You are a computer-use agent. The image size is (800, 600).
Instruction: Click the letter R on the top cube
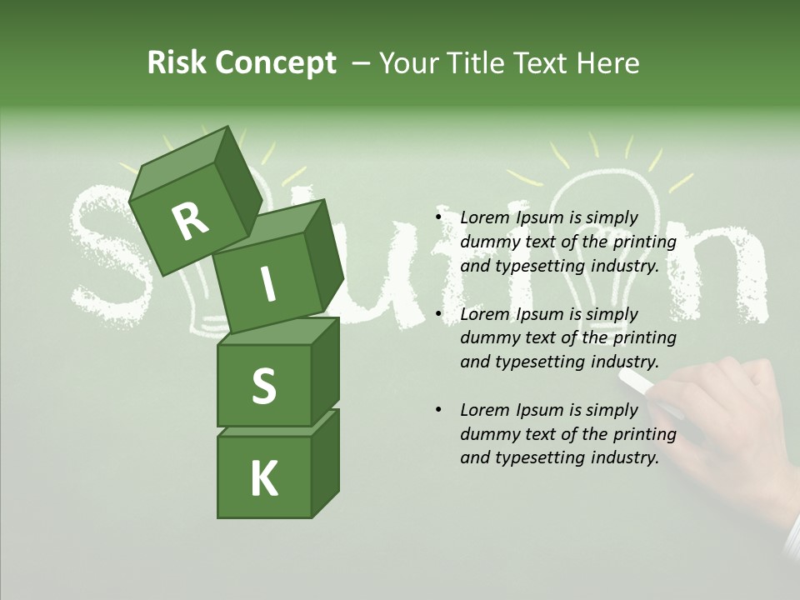(190, 222)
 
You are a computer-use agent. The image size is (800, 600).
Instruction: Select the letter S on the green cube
(263, 387)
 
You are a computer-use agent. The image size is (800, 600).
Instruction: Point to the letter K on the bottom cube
(263, 479)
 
